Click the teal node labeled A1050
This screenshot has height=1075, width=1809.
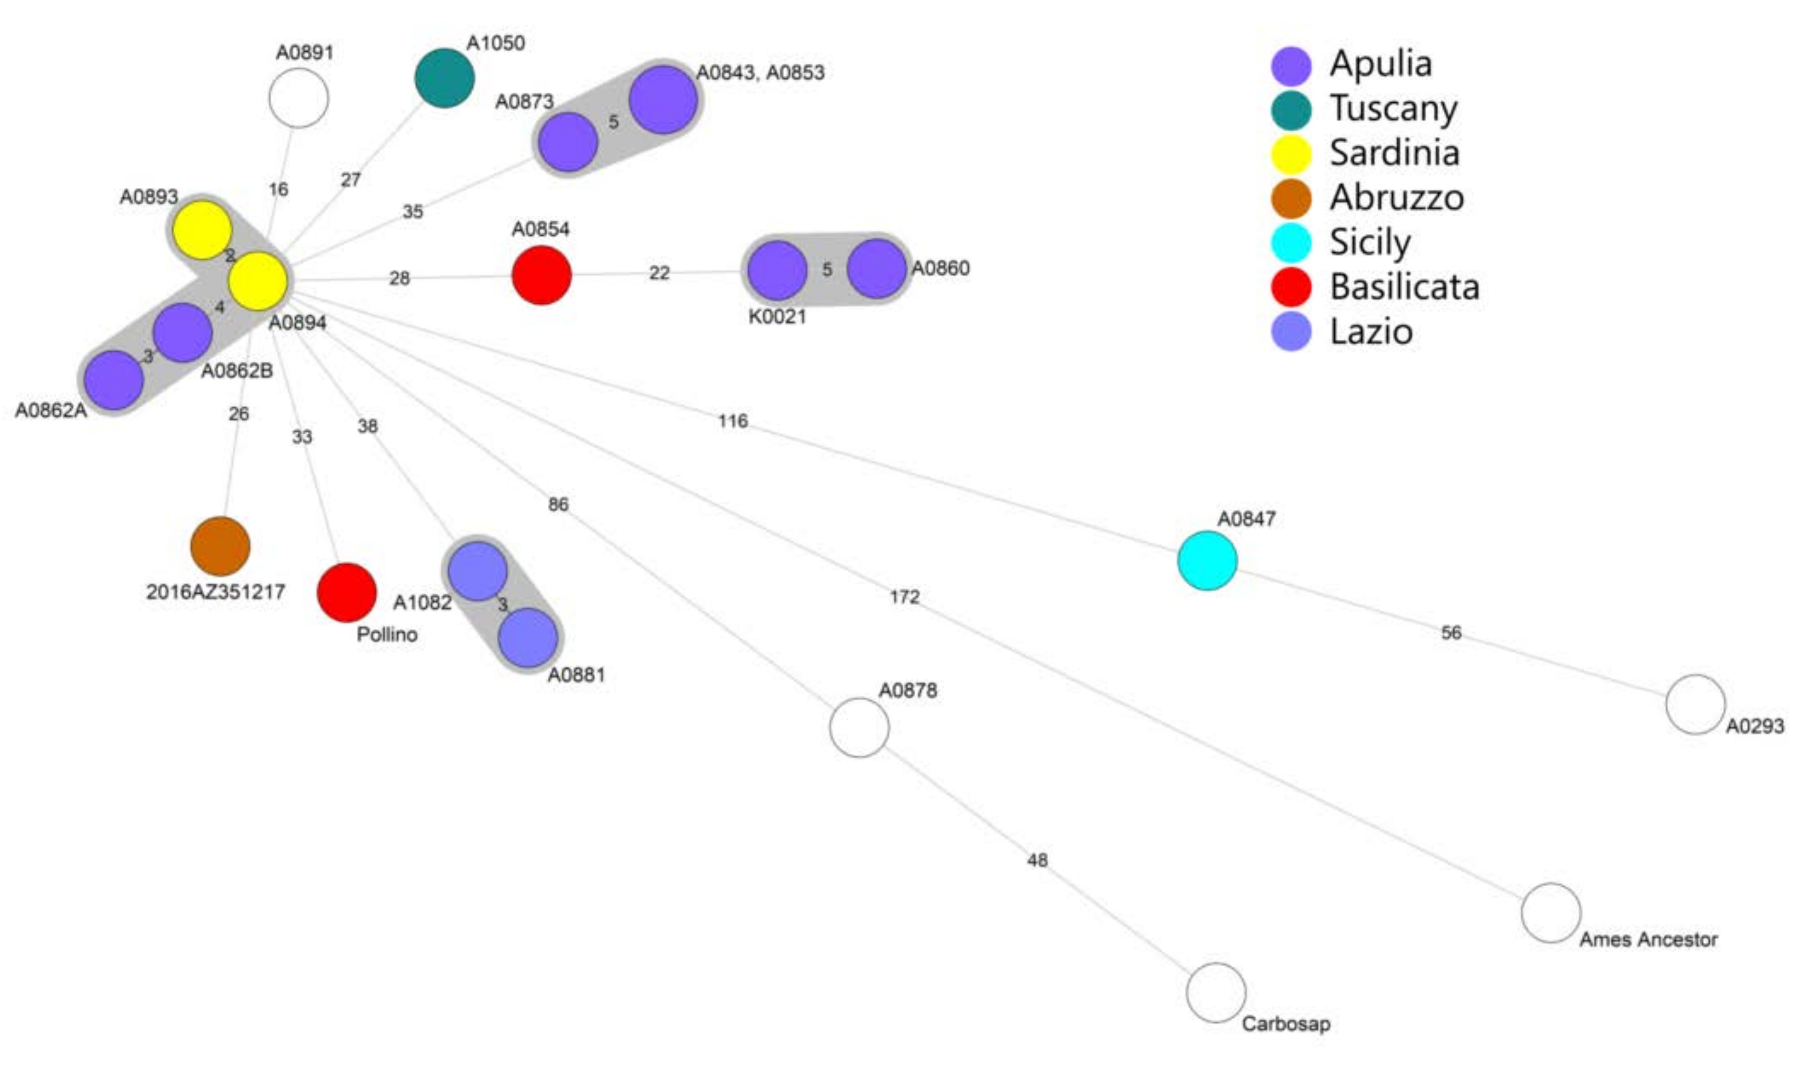pyautogui.click(x=444, y=77)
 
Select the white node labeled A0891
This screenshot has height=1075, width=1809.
pyautogui.click(x=298, y=98)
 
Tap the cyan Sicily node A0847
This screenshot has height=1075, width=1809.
pyautogui.click(x=1207, y=560)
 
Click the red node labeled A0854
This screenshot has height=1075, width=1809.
pyautogui.click(x=541, y=275)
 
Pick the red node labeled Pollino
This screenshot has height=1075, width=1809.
pyautogui.click(x=347, y=592)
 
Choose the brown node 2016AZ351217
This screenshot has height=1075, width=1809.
pyautogui.click(x=220, y=546)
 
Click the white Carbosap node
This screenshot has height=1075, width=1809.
pyautogui.click(x=1216, y=992)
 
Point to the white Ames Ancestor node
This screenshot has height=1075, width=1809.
pyautogui.click(x=1550, y=913)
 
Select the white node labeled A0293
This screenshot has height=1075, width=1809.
pyautogui.click(x=1695, y=704)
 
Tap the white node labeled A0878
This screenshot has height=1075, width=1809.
pyautogui.click(x=859, y=728)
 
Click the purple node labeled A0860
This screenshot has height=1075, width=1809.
pyautogui.click(x=876, y=269)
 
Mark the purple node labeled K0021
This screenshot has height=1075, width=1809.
pyautogui.click(x=777, y=270)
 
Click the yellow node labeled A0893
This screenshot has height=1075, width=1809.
pyautogui.click(x=203, y=230)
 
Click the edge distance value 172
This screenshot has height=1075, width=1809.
pyautogui.click(x=904, y=597)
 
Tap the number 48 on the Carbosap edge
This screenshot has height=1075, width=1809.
pyautogui.click(x=1037, y=860)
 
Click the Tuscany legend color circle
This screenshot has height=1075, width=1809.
pyautogui.click(x=1291, y=110)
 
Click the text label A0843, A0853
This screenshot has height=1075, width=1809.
pyautogui.click(x=760, y=72)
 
